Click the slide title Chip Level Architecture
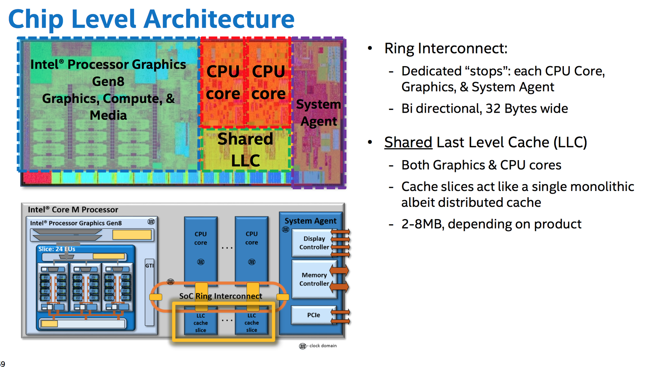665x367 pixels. click(x=151, y=19)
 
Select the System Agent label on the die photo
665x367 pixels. click(x=318, y=113)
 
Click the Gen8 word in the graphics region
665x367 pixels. click(x=108, y=81)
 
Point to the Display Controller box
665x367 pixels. click(x=314, y=243)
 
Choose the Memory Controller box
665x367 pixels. click(x=314, y=279)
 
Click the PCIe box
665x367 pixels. click(x=313, y=315)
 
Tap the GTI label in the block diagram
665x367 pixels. click(x=149, y=266)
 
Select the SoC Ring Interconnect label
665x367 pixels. click(x=221, y=296)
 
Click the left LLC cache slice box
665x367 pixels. click(x=201, y=323)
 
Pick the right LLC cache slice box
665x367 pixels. click(x=251, y=323)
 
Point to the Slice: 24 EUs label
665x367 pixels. click(x=57, y=249)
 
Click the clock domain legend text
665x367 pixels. click(x=323, y=346)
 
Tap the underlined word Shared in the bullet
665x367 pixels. click(x=408, y=142)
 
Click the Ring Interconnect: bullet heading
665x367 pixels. click(x=445, y=48)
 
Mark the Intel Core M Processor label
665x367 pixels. click(x=73, y=210)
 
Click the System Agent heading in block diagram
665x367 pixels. click(x=310, y=221)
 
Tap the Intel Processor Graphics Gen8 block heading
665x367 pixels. click(x=76, y=223)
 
